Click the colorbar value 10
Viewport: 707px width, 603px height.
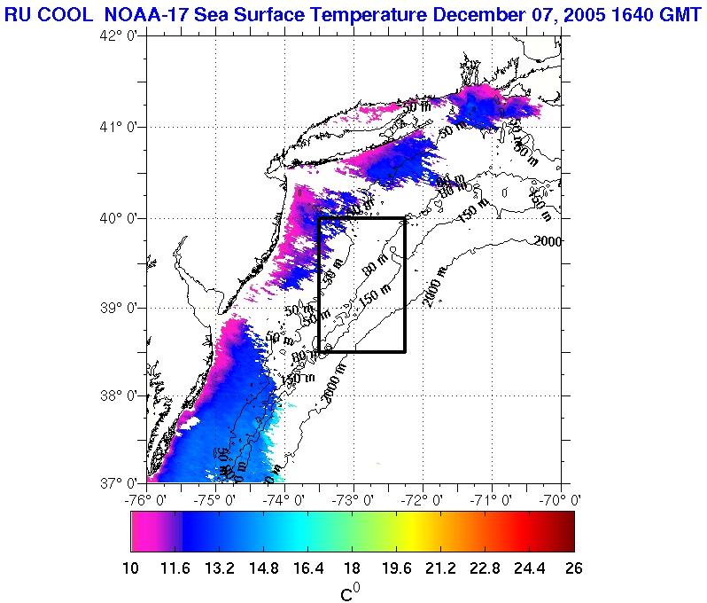click(x=131, y=568)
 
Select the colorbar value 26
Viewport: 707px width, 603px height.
click(x=573, y=568)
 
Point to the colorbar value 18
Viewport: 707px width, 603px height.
click(x=352, y=568)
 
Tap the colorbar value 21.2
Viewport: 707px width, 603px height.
click(x=440, y=568)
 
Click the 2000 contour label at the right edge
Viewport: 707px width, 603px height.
click(x=549, y=241)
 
